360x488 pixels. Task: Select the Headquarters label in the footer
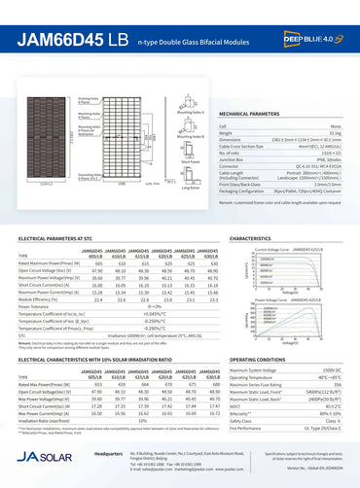coord(103,454)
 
